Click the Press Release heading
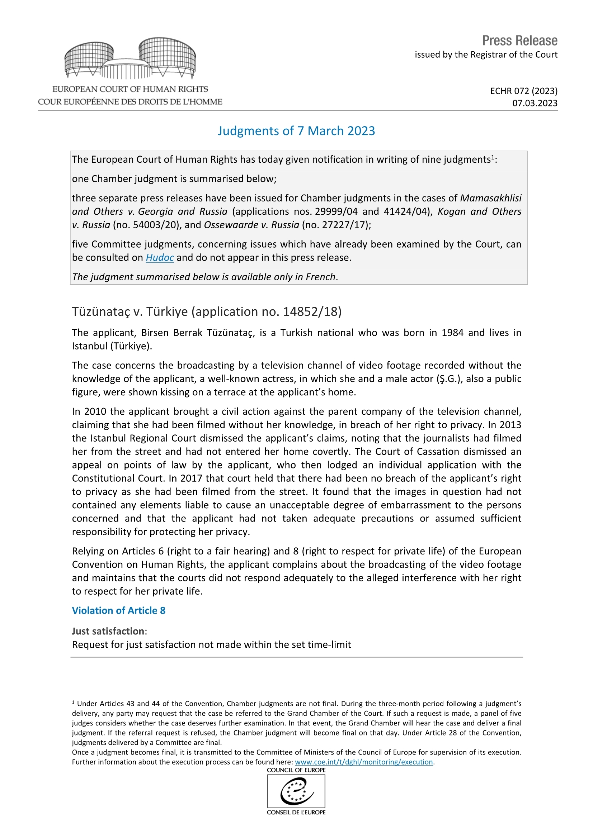(519, 41)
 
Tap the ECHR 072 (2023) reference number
(523, 91)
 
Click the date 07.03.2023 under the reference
(535, 103)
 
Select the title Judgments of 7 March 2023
(296, 131)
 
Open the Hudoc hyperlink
(160, 258)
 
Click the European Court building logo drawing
(130, 58)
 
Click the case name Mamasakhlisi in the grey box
(490, 198)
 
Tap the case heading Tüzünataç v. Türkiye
(206, 311)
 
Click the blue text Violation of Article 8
(118, 610)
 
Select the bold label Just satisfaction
(108, 631)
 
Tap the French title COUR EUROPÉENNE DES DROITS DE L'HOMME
(130, 102)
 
